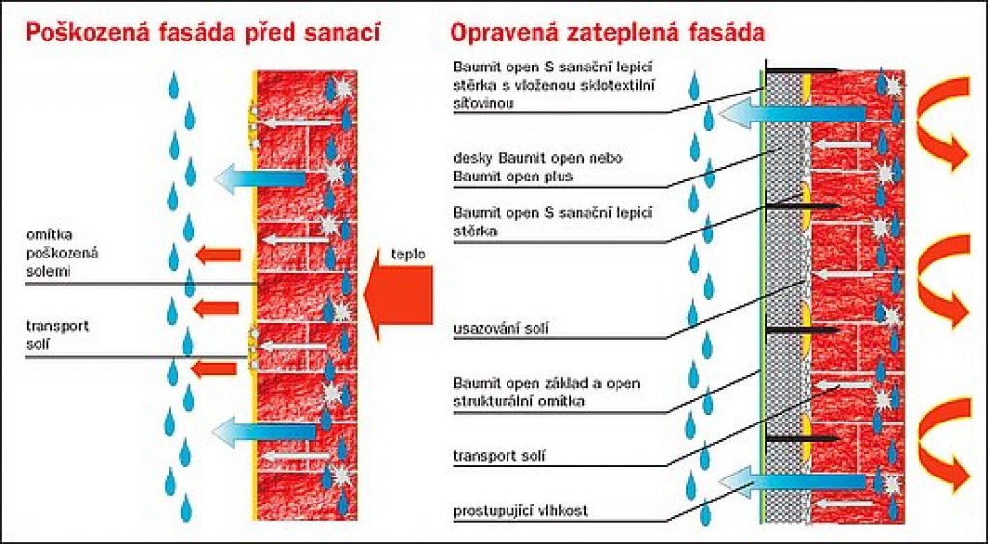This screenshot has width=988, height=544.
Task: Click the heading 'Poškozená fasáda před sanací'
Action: (203, 32)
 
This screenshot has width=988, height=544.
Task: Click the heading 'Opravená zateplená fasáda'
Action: (608, 32)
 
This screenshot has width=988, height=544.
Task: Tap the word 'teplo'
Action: (408, 255)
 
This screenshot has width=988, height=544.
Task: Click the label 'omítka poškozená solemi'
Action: (63, 253)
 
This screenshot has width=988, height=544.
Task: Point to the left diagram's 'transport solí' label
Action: (57, 336)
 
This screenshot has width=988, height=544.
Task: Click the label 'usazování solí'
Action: (501, 328)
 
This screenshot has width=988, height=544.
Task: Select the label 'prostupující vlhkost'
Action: (520, 510)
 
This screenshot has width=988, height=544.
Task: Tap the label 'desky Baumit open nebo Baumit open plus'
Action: (538, 167)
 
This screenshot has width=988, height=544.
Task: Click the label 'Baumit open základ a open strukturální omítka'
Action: (546, 392)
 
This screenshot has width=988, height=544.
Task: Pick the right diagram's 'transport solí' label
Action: (499, 455)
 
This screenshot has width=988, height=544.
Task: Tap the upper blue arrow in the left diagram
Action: (260, 177)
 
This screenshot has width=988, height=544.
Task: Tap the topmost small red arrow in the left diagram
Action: (218, 255)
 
